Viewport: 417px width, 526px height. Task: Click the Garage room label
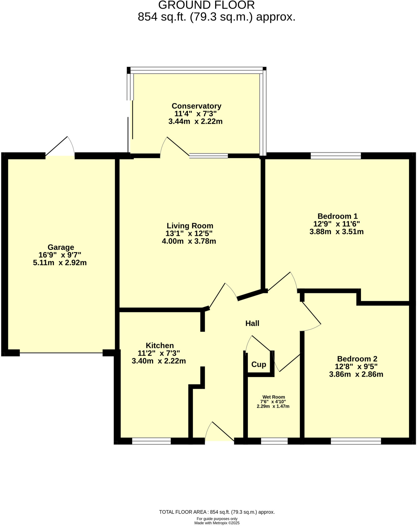click(61, 247)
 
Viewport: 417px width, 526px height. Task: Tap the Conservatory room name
click(196, 106)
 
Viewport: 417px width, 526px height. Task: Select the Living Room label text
click(190, 226)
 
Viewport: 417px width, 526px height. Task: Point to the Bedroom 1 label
click(337, 216)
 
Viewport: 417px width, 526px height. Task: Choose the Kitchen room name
click(160, 345)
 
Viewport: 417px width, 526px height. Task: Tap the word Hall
click(252, 323)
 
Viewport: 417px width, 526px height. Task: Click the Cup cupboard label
click(259, 364)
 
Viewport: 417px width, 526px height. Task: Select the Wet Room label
click(274, 397)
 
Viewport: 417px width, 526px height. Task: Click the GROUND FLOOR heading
click(206, 5)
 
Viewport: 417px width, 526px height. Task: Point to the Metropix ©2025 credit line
click(217, 523)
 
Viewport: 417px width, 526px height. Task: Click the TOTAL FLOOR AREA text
click(217, 512)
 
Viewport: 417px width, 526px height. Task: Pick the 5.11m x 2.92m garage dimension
click(60, 263)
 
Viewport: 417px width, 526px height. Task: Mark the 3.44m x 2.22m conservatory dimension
click(195, 121)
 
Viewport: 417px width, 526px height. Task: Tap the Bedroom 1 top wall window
click(336, 156)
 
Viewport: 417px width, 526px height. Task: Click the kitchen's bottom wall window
click(151, 441)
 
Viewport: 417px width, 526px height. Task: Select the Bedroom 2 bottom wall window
click(356, 441)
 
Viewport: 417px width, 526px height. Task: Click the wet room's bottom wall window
click(274, 441)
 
